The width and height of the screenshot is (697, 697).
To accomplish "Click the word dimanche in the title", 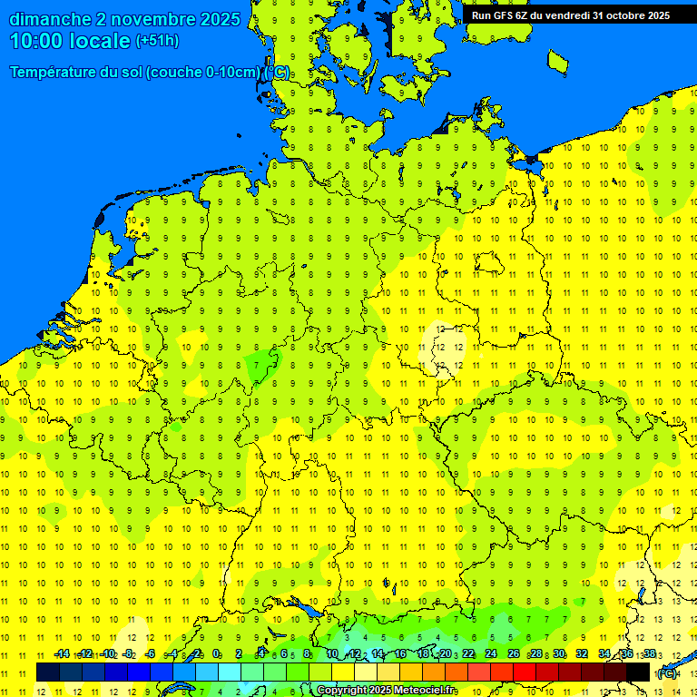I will (49, 19).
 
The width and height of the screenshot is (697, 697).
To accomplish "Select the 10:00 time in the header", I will (38, 40).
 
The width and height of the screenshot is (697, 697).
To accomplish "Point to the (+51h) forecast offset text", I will (157, 41).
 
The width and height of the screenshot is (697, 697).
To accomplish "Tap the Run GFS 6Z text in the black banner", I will (498, 15).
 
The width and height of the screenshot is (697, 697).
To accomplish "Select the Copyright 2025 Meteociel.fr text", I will (386, 690).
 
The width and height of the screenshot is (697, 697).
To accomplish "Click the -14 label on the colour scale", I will (62, 653).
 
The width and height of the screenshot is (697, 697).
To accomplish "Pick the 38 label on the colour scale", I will (650, 653).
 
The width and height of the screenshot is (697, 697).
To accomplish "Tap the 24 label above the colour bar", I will (491, 653).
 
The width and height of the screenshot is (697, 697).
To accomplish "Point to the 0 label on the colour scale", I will (216, 653).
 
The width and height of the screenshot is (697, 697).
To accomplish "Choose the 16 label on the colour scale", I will (399, 653).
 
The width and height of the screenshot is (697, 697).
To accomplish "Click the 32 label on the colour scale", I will (582, 653).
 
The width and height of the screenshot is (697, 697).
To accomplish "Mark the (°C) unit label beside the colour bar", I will (667, 673).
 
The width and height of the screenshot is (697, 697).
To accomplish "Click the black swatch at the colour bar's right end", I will (639, 672).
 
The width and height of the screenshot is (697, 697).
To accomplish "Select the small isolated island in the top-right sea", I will (557, 62).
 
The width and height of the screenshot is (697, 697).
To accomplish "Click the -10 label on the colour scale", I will (108, 653).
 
